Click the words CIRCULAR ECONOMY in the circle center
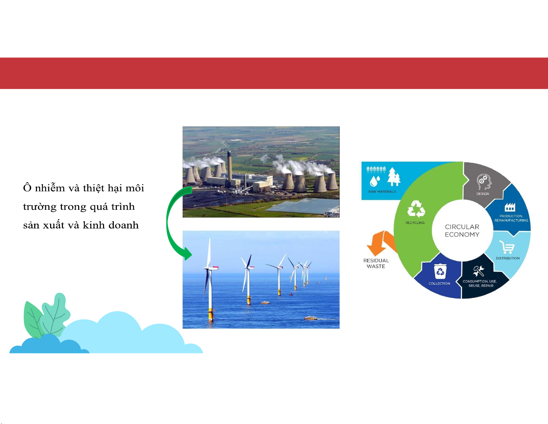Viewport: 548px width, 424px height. pos(462,231)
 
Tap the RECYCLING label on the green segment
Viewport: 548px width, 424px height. pos(415,223)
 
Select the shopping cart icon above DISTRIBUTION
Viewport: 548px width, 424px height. pos(507,247)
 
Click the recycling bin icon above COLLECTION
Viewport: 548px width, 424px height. pos(440,271)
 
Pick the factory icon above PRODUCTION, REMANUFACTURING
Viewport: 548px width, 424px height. pos(510,207)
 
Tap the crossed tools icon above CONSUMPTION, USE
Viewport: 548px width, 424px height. pos(479,271)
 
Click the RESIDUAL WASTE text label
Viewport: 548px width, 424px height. pos(376,263)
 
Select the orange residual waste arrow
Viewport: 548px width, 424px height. pos(381,243)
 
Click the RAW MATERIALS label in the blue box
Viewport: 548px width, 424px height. pos(382,191)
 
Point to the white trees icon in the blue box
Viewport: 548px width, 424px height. pos(393,177)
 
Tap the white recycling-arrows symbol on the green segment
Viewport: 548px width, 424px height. pos(416,209)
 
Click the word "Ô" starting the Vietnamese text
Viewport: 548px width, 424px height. pos(27,187)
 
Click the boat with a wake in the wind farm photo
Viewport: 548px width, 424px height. pos(311,318)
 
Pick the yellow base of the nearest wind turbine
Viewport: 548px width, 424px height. pos(211,314)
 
